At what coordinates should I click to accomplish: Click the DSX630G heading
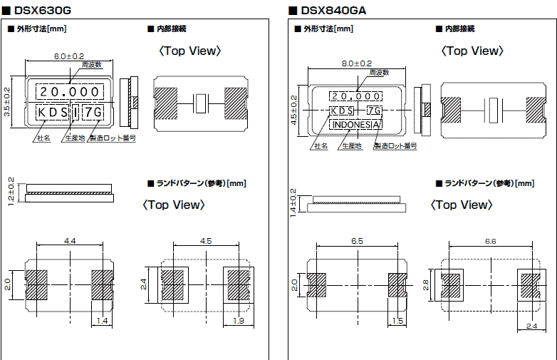43,10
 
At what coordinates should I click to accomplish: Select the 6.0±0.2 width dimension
69,56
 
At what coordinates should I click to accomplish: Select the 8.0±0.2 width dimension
357,63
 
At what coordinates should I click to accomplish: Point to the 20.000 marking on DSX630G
69,91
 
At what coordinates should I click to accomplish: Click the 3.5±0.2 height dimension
7,102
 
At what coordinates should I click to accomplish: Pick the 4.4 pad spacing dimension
70,242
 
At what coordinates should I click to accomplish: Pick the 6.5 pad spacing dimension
357,242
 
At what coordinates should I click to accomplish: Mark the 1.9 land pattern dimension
238,322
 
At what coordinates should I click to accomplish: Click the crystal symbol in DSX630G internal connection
200,103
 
